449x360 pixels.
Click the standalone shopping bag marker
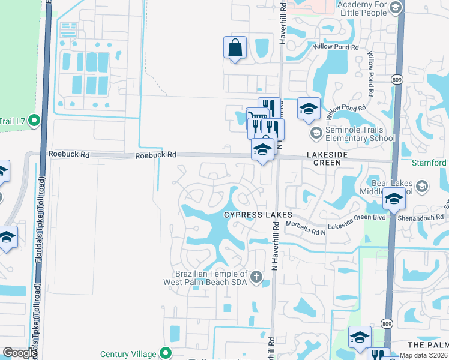tap(235, 47)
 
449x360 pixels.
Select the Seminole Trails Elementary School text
tap(360, 134)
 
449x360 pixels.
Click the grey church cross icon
tap(256, 277)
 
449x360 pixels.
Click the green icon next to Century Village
tap(165, 353)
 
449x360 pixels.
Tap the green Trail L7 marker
tap(34, 121)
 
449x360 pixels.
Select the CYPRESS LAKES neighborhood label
tap(258, 215)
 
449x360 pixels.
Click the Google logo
tap(20, 353)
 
